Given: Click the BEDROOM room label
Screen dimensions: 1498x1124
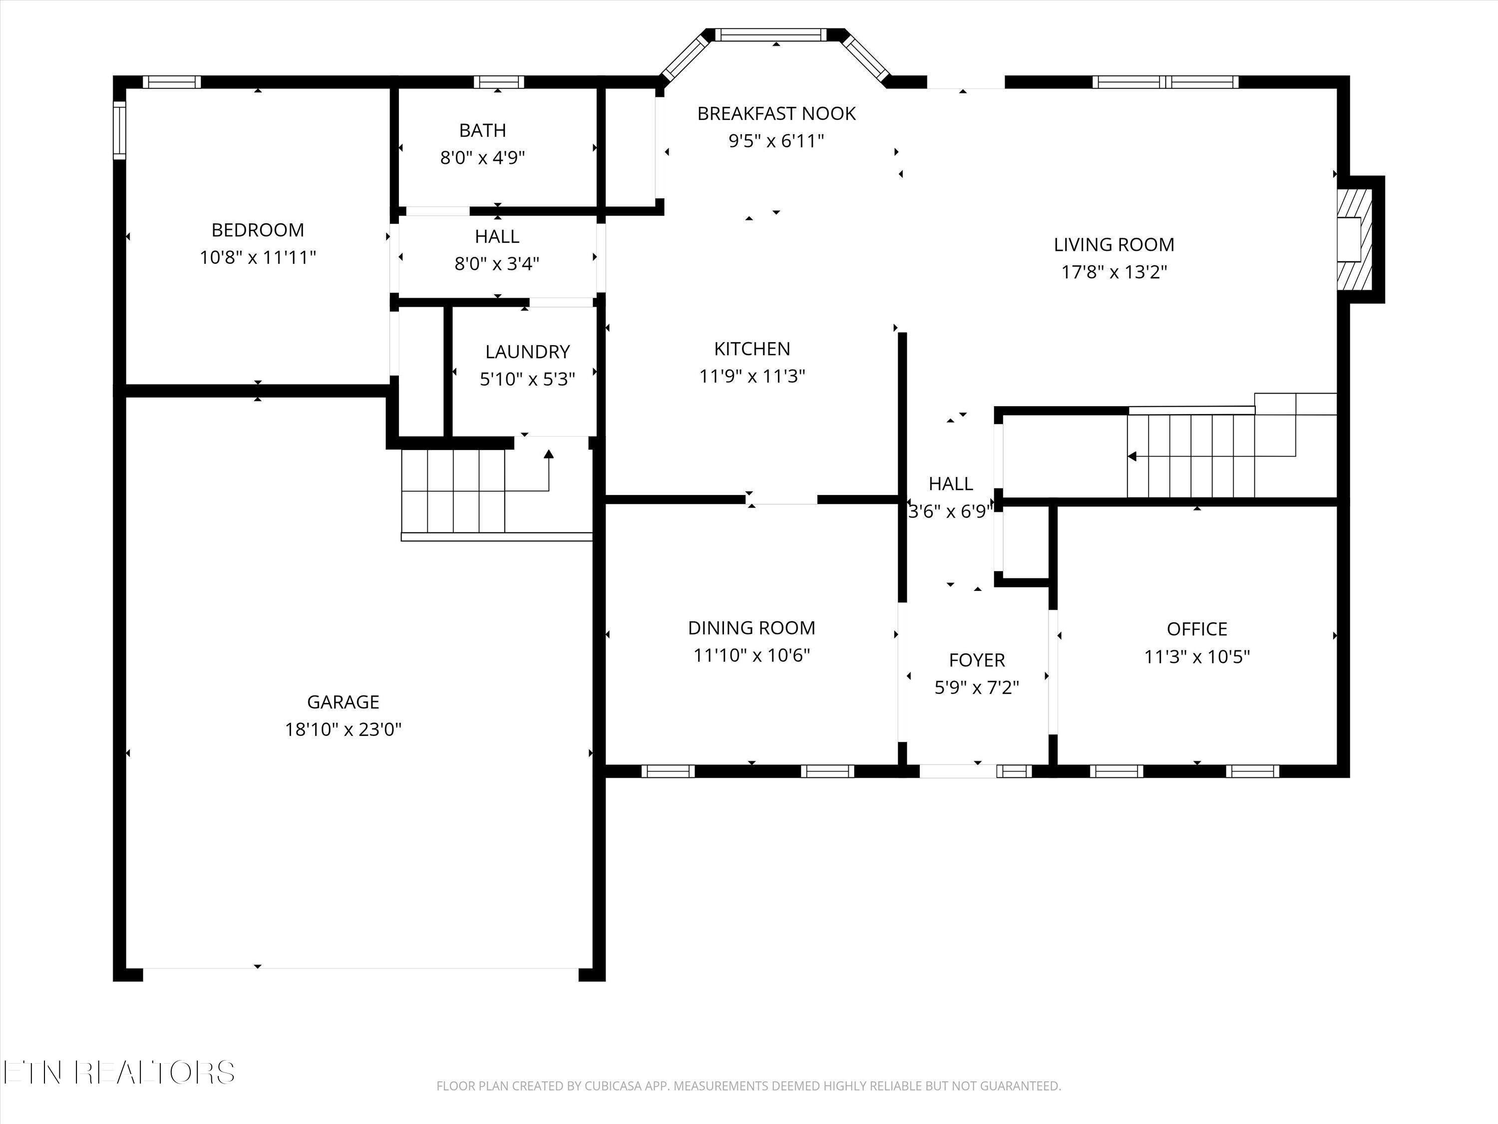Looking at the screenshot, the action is click(257, 230).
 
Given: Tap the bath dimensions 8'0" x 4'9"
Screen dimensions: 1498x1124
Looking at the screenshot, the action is click(482, 158).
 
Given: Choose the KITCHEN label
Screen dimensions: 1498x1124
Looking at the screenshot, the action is click(751, 348).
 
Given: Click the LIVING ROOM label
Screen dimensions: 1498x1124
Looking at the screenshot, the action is click(1114, 245).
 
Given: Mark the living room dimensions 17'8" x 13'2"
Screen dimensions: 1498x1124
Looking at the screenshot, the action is click(1114, 272).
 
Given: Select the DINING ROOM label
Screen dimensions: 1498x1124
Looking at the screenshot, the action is click(751, 628).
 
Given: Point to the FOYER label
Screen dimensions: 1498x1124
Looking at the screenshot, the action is click(977, 660).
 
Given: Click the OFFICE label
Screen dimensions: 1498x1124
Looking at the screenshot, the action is click(1196, 629).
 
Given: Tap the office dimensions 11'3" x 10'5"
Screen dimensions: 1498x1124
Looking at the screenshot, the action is click(1196, 656).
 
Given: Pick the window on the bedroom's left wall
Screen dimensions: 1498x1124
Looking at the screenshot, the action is click(120, 130).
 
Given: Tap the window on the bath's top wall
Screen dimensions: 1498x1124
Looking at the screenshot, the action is click(498, 82).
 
